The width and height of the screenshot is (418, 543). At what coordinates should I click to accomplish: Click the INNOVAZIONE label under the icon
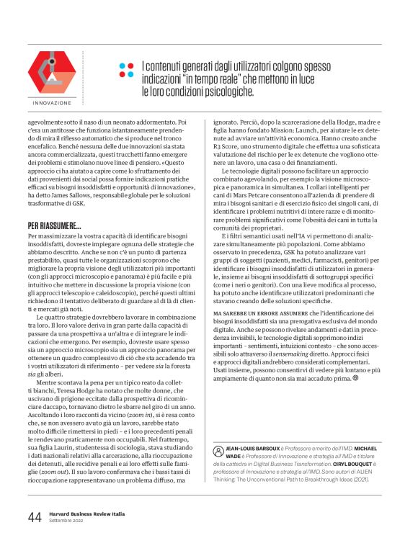pos(52,103)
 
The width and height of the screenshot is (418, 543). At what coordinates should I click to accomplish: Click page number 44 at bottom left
pos(34,517)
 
